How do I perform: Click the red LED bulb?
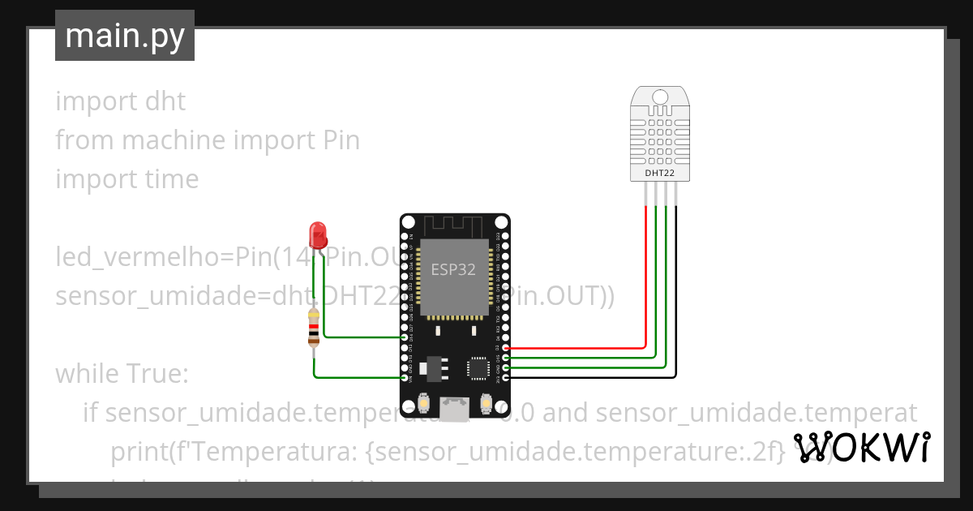[318, 234]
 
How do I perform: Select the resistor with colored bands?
[314, 328]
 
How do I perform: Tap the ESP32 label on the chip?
[453, 270]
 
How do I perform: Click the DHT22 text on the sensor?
[660, 173]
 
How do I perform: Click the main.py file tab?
[125, 36]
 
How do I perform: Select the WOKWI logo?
[861, 448]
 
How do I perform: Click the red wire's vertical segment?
[645, 276]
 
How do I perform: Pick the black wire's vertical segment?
[676, 292]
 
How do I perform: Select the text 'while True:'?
[122, 374]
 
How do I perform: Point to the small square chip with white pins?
[478, 368]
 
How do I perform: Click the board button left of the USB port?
[423, 402]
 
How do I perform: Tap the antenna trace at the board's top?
[454, 224]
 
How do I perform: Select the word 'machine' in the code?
[174, 140]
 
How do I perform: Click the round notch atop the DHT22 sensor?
[660, 97]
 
